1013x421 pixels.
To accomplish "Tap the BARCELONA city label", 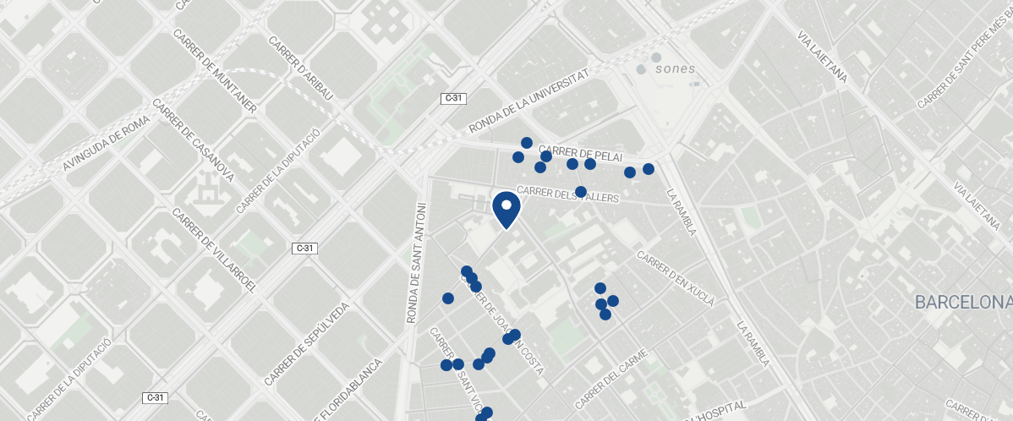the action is point(963,303).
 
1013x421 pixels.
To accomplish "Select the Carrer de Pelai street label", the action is point(580,153).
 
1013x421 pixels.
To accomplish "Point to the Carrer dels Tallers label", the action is point(567,194).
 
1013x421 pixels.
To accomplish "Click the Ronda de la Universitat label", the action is point(528,103).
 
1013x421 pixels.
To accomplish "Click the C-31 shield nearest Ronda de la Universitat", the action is point(454,98).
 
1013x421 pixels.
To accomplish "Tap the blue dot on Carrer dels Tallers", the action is point(581,192).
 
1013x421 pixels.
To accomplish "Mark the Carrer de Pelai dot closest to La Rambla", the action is point(649,169).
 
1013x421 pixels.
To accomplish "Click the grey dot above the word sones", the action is point(656,57).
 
